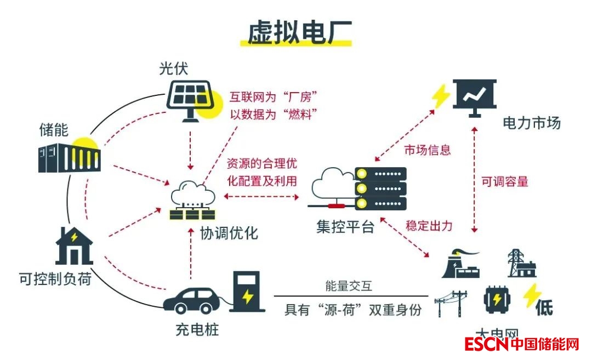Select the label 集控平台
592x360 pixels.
tap(345, 226)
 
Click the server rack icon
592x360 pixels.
tap(380, 188)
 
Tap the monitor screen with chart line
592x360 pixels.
tap(474, 98)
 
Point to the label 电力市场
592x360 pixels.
tap(532, 123)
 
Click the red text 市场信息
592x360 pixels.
tap(428, 149)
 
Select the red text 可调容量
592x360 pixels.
tap(505, 182)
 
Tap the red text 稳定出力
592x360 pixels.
tap(429, 225)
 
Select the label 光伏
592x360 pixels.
tap(174, 68)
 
